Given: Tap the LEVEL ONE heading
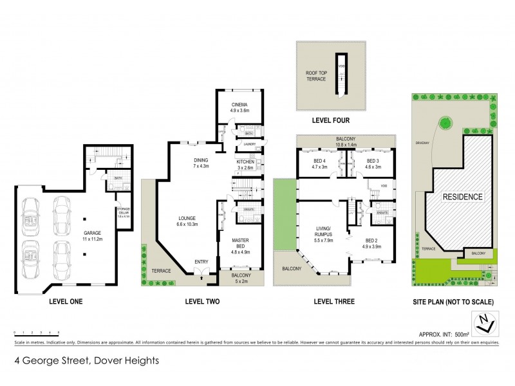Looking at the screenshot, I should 66,300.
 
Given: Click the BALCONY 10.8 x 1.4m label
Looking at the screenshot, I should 346,140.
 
